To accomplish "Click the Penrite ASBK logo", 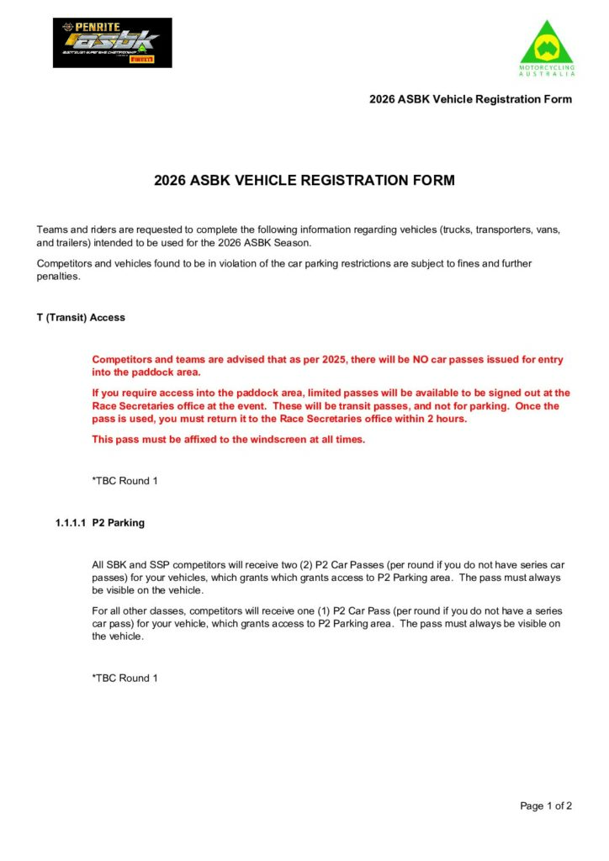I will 112,43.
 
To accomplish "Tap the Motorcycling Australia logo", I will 547,49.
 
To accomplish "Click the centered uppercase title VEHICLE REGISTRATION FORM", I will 304,180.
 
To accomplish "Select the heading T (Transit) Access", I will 81,318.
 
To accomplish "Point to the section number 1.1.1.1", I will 71,523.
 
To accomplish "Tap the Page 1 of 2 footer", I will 546,806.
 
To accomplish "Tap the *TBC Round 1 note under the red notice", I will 124,481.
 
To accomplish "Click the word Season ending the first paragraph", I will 291,243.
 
